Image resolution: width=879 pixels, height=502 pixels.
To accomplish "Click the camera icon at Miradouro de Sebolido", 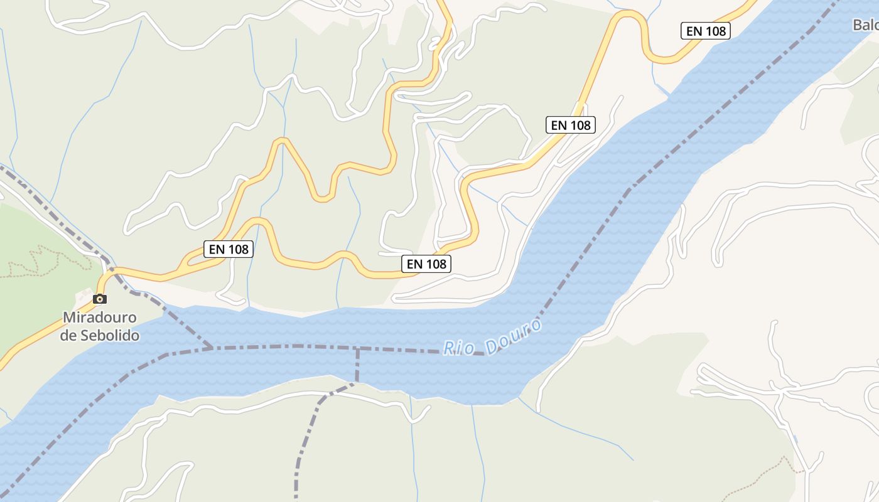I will pyautogui.click(x=100, y=299).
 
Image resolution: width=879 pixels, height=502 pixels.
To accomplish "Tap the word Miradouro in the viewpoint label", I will pyautogui.click(x=99, y=318).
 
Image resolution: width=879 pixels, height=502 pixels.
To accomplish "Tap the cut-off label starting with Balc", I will pyautogui.click(x=866, y=25).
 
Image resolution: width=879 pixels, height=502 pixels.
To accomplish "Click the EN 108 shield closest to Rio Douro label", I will pyautogui.click(x=426, y=264).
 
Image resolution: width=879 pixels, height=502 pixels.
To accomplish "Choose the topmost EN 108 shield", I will pyautogui.click(x=706, y=30).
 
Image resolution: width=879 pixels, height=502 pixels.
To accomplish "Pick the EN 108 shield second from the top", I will pyautogui.click(x=570, y=125).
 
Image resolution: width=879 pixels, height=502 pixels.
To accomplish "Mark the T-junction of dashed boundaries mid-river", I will pyautogui.click(x=358, y=348).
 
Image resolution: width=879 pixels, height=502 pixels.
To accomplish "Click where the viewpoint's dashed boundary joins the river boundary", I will pyautogui.click(x=212, y=347).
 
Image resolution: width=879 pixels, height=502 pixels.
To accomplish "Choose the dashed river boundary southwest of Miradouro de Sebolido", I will pyautogui.click(x=82, y=414).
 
